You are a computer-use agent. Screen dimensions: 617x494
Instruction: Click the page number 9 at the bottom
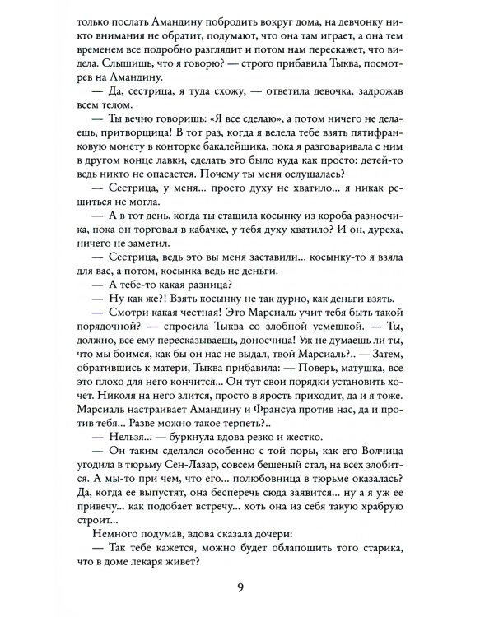point(247,588)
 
